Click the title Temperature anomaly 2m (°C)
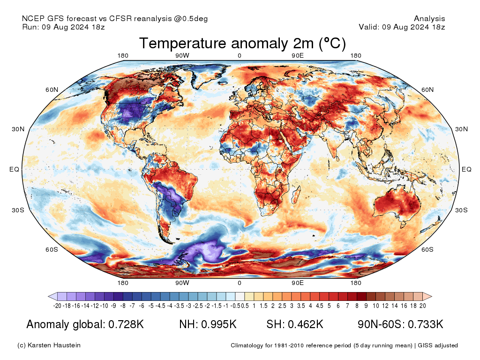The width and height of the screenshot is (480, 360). click(242, 44)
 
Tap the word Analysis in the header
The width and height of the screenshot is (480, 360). click(429, 19)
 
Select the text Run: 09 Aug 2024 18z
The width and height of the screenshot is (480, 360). click(63, 27)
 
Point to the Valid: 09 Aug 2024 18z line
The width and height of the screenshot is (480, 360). click(402, 27)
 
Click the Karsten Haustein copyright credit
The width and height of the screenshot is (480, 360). click(49, 345)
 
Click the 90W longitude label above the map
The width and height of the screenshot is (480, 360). click(182, 56)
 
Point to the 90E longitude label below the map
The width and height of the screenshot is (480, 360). click(298, 283)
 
